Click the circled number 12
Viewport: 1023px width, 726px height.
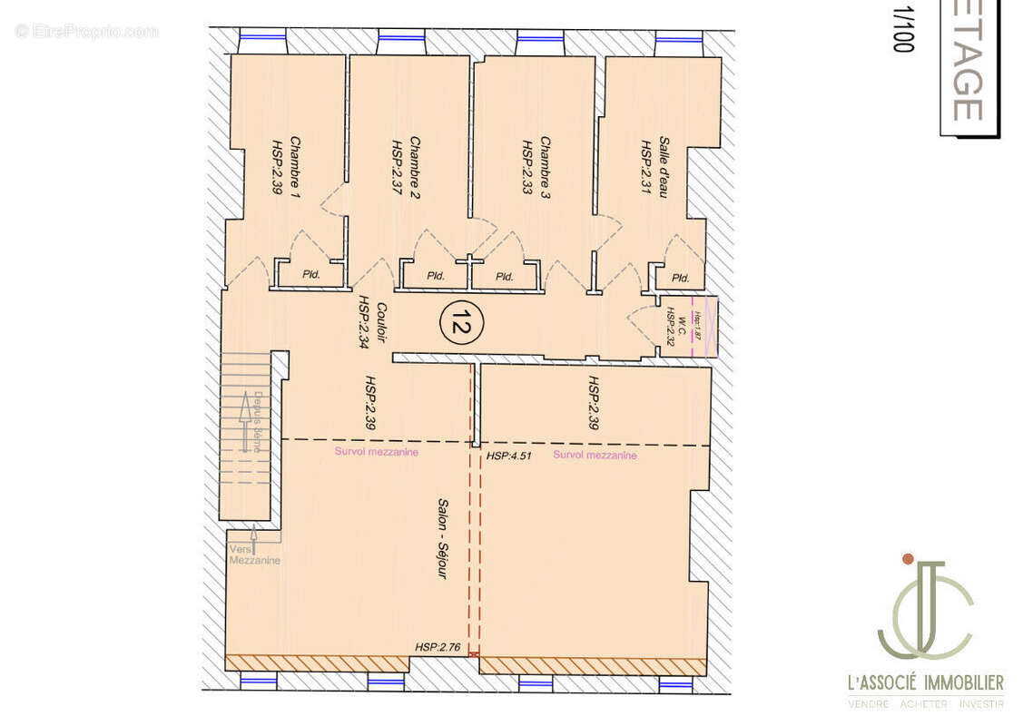[462, 320]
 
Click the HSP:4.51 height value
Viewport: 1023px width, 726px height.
[508, 456]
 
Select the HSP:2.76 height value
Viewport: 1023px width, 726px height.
[438, 647]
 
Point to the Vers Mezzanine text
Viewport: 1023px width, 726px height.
[254, 554]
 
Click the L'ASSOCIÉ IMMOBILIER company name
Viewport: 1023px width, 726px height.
[925, 682]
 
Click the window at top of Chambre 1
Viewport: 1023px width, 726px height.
[262, 39]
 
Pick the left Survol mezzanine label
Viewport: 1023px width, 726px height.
[376, 452]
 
